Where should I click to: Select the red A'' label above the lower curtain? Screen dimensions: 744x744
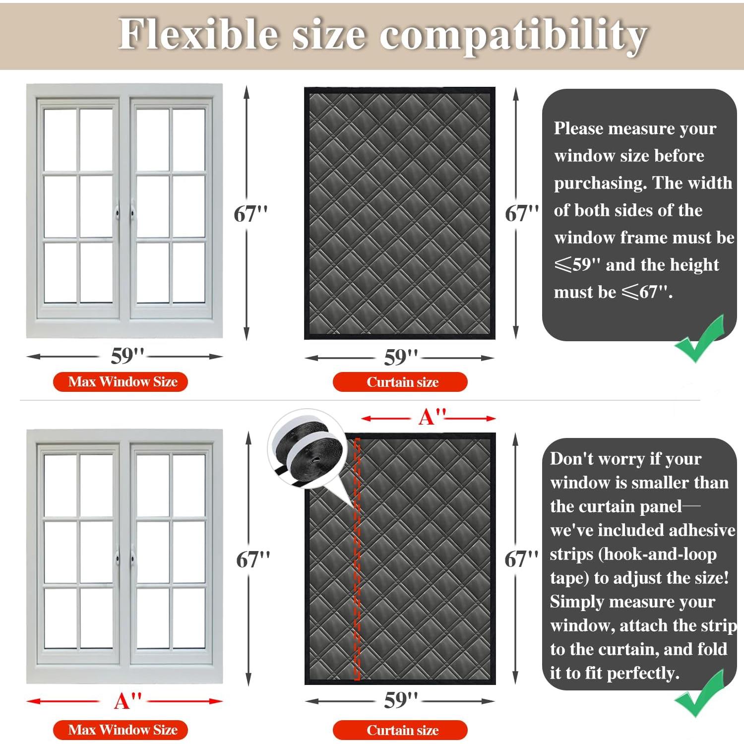pyautogui.click(x=432, y=417)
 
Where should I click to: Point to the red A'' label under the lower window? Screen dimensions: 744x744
pyautogui.click(x=127, y=701)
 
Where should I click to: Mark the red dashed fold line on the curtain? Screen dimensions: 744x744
pyautogui.click(x=357, y=560)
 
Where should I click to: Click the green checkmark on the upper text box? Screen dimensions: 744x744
pyautogui.click(x=700, y=340)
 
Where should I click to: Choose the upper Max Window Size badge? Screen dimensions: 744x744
pyautogui.click(x=121, y=381)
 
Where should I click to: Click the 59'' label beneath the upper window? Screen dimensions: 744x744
pyautogui.click(x=127, y=356)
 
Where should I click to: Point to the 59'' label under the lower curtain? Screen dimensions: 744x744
pyautogui.click(x=401, y=700)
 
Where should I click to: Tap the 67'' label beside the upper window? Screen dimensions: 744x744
pyautogui.click(x=250, y=214)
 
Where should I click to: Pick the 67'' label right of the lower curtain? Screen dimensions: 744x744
pyautogui.click(x=521, y=559)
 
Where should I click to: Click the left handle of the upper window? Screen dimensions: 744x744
pyautogui.click(x=117, y=214)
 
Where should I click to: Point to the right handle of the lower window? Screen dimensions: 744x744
pyautogui.click(x=133, y=559)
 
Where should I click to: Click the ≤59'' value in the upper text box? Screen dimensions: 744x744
pyautogui.click(x=577, y=265)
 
